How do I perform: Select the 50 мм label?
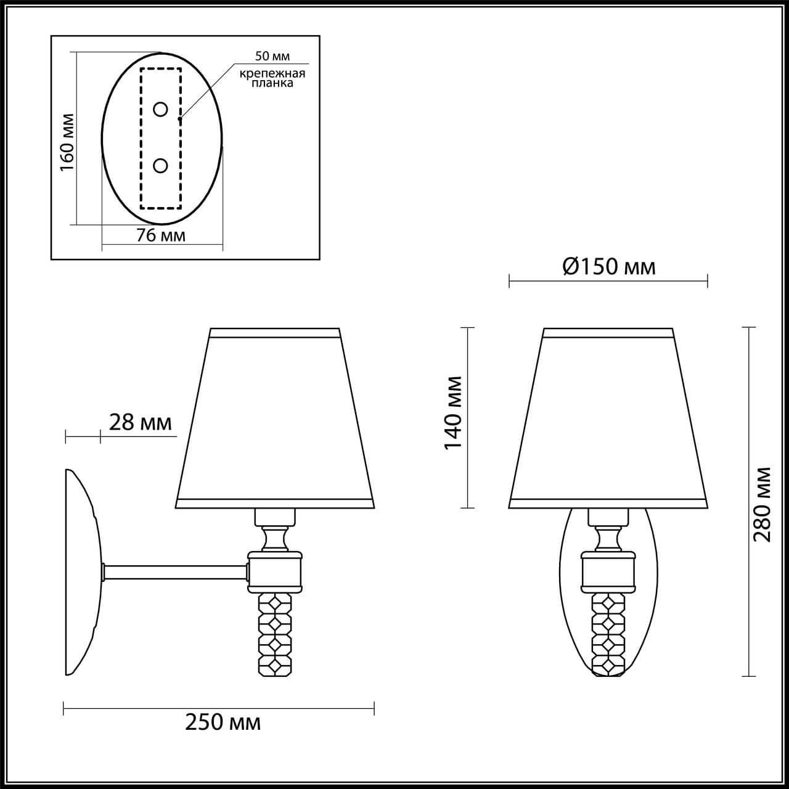pos(272,57)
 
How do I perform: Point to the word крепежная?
pos(272,74)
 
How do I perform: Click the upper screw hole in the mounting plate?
pos(160,110)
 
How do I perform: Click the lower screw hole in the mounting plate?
pos(160,165)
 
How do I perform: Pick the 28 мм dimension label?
pos(140,422)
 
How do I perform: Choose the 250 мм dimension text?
pos(223,722)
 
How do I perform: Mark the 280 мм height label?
pos(762,504)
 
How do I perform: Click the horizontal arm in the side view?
pos(176,573)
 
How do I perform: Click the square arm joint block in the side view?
pos(275,572)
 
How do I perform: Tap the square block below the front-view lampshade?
pos(608,572)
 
